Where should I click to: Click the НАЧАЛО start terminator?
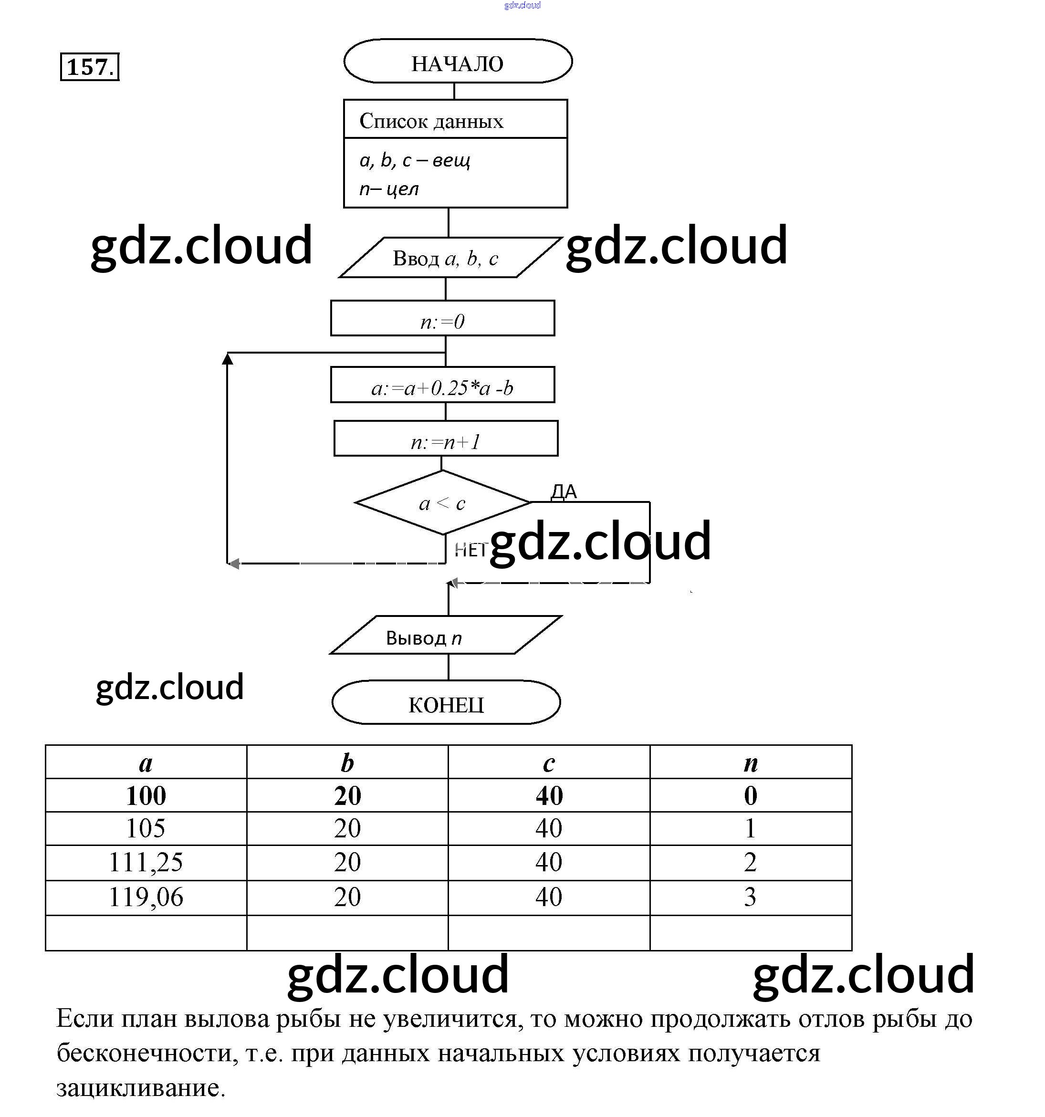(457, 62)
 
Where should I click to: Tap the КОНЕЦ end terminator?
(446, 703)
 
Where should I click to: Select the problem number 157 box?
(89, 67)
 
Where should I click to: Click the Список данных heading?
(431, 121)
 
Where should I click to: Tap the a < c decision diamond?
(442, 503)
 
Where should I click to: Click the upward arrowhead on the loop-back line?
(227, 358)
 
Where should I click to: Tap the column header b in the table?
(347, 762)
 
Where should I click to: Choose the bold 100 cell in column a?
(146, 795)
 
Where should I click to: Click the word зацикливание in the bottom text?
(140, 1088)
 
